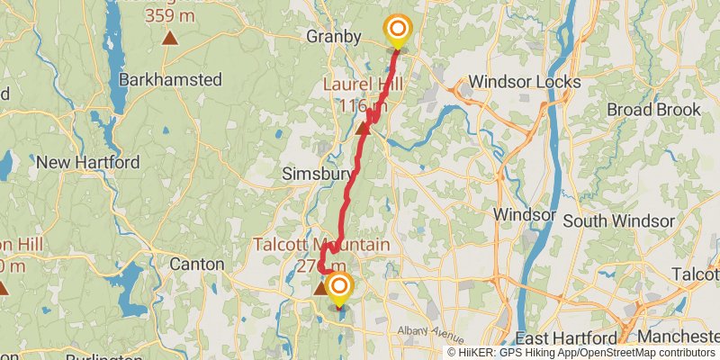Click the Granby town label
tap(333, 37)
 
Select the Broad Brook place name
tap(653, 110)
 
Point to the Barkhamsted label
tap(170, 79)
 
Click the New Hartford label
tap(87, 163)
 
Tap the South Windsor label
tap(618, 220)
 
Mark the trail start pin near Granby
tap(396, 30)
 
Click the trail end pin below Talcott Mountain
tap(340, 289)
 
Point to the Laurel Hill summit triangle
tap(363, 128)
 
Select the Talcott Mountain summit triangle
tap(319, 288)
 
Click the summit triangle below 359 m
tap(169, 38)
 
